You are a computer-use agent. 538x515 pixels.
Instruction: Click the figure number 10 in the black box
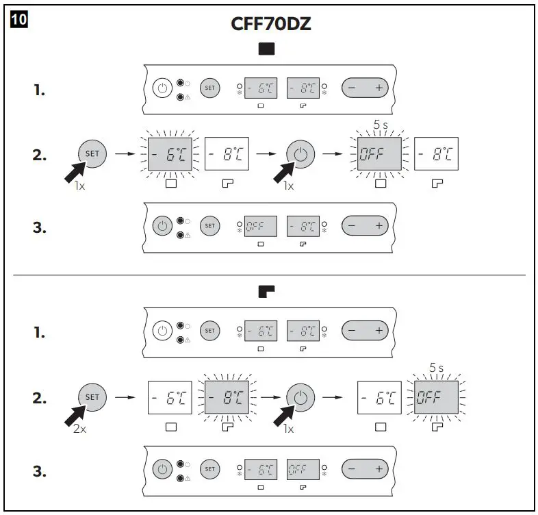tap(18, 19)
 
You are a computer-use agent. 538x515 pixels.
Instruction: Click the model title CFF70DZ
tap(272, 25)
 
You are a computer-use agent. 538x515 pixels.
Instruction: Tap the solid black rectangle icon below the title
tap(267, 49)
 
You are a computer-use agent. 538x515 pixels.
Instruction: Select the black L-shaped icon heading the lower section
tap(267, 292)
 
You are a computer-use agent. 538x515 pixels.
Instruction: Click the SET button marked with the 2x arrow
tap(92, 397)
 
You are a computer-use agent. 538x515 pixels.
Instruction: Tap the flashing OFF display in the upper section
tap(380, 153)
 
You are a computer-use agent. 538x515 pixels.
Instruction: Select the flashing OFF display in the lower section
tap(437, 397)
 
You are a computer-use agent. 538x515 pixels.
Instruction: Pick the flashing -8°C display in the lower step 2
tap(227, 397)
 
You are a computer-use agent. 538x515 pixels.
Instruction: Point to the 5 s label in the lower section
tap(437, 368)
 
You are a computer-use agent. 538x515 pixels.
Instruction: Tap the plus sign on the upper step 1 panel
tap(377, 88)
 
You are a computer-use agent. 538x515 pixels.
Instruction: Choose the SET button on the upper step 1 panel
tap(209, 88)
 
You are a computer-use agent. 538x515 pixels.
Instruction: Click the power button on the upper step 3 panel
tap(162, 225)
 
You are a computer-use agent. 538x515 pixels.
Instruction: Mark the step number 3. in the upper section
tap(40, 227)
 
